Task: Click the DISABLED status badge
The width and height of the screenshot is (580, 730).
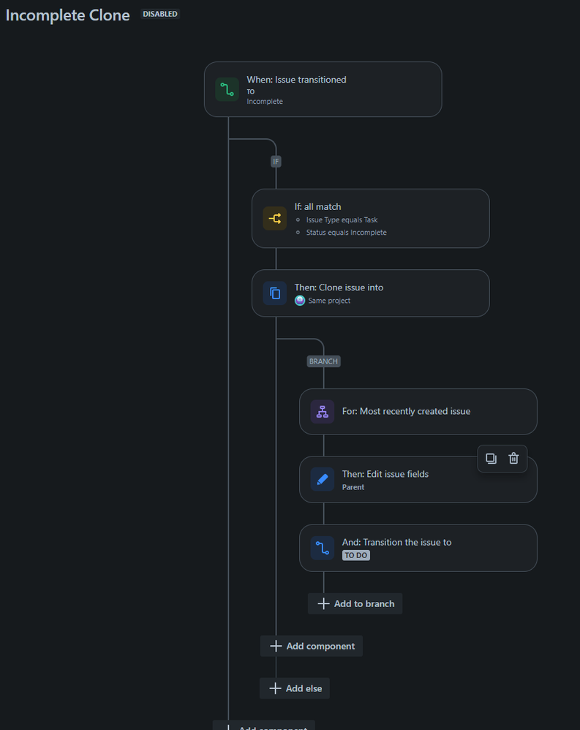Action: point(160,14)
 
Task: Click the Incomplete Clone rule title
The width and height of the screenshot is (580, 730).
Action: point(68,15)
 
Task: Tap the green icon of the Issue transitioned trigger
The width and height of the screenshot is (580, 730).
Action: point(227,89)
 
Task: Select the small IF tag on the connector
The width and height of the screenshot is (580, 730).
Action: point(276,162)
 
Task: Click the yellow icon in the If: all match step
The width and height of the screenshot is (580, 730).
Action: point(275,218)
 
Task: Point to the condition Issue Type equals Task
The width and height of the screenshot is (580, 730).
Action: point(342,219)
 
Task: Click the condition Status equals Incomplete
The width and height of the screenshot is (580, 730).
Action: point(346,233)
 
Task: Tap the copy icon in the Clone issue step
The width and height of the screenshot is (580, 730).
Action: point(275,293)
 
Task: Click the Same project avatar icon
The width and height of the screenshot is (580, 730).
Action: point(300,301)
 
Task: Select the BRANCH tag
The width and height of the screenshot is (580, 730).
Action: point(323,361)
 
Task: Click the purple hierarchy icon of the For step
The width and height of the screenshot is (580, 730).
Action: point(323,411)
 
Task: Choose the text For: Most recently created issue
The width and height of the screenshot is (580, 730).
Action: point(406,411)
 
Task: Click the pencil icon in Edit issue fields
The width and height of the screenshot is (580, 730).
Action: point(323,479)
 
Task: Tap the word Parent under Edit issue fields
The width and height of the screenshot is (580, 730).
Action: point(353,487)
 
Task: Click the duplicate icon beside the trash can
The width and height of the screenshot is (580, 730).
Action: point(492,459)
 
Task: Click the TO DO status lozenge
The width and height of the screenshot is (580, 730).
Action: point(356,555)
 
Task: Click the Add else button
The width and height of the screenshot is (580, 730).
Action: point(295,688)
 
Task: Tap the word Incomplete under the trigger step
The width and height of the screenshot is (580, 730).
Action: point(265,102)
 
